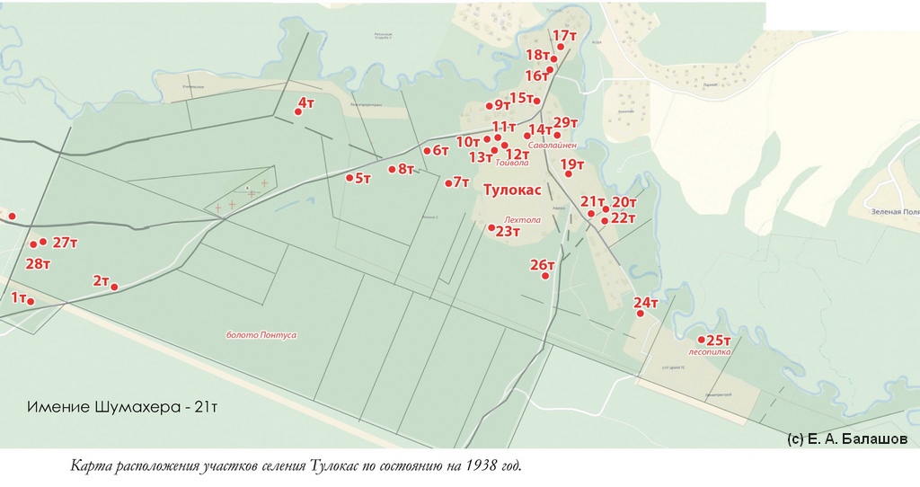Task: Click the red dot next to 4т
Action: pos(298,112)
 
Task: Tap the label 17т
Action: pos(564,36)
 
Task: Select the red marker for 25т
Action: pos(702,340)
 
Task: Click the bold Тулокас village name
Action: pos(512,190)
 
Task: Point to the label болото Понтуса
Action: pos(261,335)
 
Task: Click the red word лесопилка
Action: pos(709,352)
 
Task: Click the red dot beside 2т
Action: pos(114,287)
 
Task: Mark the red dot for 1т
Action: pos(31,302)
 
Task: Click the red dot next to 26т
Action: pos(545,276)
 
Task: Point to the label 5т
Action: pos(363,179)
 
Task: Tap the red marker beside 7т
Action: pos(448,183)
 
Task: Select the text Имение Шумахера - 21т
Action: pos(123,407)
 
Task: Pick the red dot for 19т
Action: pos(568,173)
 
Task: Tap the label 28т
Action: pos(39,263)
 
